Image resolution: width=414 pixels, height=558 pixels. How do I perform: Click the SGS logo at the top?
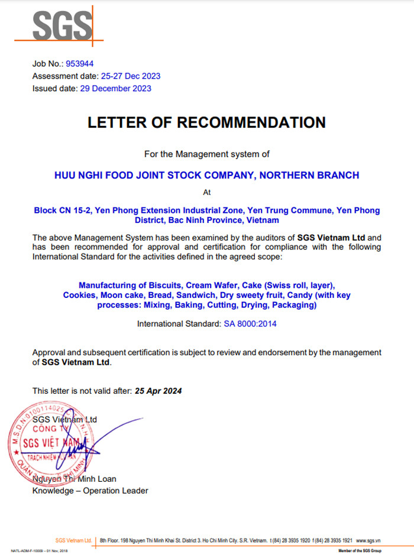point(62,25)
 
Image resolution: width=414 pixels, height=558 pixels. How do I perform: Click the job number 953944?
point(80,63)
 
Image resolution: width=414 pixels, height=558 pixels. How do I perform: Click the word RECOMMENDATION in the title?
point(251,122)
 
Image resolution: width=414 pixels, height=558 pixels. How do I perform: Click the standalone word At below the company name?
point(206,192)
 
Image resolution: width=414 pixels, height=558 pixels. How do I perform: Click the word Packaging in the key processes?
point(295,305)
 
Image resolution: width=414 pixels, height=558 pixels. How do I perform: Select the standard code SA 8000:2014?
point(250,324)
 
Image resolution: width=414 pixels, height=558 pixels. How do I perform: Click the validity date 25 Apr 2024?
point(158,391)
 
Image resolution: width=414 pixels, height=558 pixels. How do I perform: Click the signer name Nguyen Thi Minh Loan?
point(75,479)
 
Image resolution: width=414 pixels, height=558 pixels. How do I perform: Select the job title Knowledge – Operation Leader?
point(90,491)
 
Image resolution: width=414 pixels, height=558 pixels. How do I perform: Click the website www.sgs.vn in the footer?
point(370,540)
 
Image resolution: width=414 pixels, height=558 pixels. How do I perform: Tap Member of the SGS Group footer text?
point(358,551)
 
